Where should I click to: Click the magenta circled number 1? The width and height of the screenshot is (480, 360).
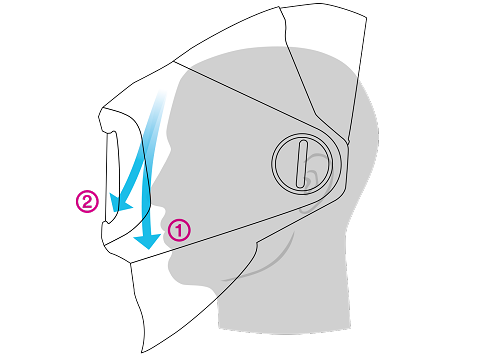(x=179, y=230)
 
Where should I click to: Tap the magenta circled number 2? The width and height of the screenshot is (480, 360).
(x=87, y=201)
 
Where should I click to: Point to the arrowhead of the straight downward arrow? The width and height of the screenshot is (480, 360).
(x=147, y=241)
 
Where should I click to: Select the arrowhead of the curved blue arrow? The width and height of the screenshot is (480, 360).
(x=119, y=203)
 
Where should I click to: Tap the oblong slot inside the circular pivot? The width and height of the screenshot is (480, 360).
(x=302, y=164)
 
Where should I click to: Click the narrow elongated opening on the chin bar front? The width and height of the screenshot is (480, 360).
(x=112, y=177)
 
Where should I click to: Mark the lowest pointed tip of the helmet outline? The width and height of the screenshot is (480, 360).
(x=143, y=352)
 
